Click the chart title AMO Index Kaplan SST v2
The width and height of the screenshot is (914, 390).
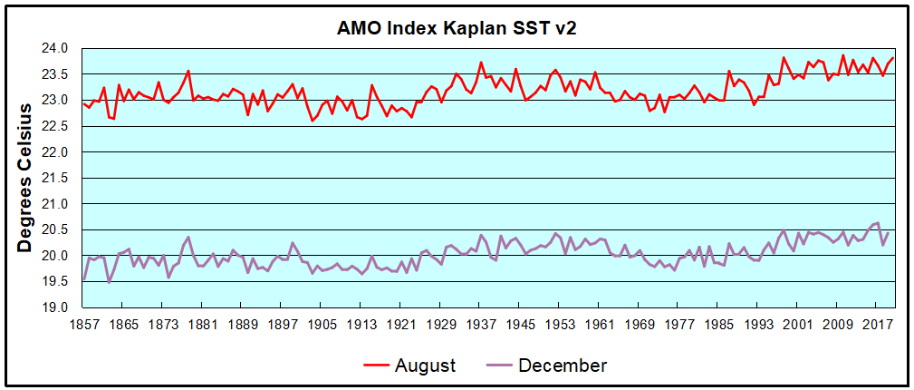coord(457,27)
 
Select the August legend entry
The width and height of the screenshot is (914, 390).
coord(425,366)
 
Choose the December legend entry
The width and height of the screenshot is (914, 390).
coord(563,366)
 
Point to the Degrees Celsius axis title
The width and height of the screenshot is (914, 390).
coord(27,177)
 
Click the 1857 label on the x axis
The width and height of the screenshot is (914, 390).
coord(83,324)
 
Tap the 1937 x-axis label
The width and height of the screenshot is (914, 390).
coord(480,324)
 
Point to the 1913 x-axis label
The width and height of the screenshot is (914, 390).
coord(361,324)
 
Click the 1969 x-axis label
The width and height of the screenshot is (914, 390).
coord(640,324)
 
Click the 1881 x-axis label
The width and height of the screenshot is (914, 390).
coord(202,324)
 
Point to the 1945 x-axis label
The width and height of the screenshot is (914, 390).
coord(520,324)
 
